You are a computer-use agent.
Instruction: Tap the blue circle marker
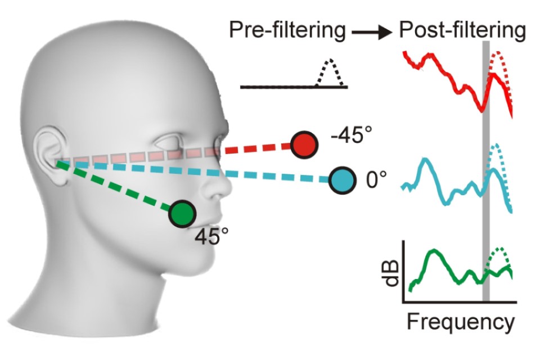342,180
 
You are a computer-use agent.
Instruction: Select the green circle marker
181,213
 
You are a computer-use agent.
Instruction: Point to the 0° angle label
376,181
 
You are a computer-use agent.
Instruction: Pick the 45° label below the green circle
210,236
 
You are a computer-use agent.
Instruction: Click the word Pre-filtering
287,31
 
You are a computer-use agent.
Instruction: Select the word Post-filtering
462,31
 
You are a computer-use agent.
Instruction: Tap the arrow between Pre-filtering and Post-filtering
371,33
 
